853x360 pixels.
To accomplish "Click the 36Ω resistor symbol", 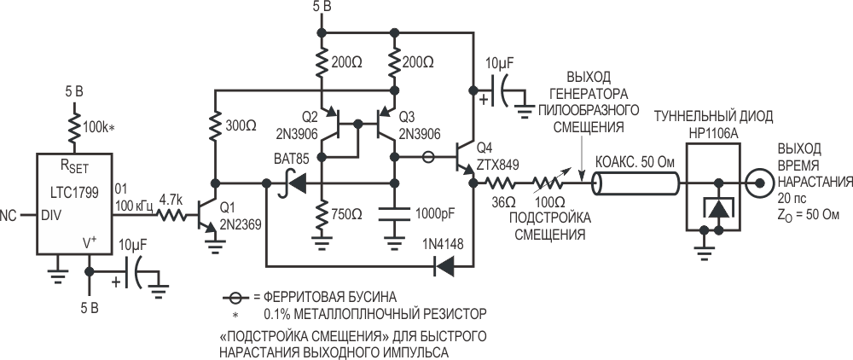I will click(x=499, y=182).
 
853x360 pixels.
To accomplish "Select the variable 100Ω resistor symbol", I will click(x=547, y=182).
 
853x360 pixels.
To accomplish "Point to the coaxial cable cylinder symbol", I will click(x=635, y=183).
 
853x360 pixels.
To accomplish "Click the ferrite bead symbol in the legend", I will click(x=229, y=298).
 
